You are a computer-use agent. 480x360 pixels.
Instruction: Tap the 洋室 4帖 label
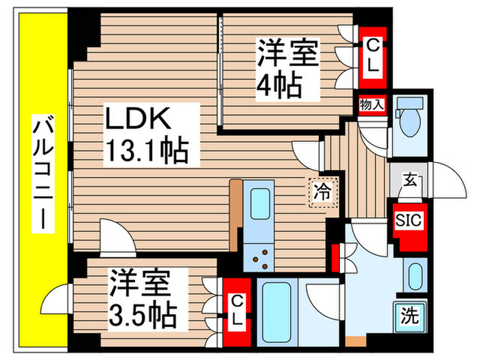(x=287, y=69)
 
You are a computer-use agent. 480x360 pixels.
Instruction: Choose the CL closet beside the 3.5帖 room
(x=236, y=310)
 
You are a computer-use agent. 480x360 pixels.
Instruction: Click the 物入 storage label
(x=372, y=106)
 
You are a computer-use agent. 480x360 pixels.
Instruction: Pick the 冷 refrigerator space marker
(x=322, y=191)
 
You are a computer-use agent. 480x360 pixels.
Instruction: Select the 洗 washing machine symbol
(x=409, y=316)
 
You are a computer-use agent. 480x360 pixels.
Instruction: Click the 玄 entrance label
(x=409, y=182)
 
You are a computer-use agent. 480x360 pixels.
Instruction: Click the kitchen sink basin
(x=261, y=204)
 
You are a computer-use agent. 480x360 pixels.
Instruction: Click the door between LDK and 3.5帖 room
(x=115, y=237)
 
